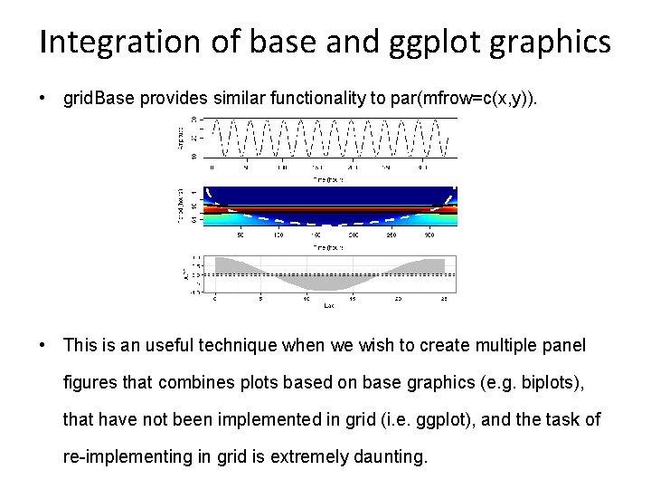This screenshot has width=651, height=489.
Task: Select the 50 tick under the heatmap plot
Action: pyautogui.click(x=240, y=235)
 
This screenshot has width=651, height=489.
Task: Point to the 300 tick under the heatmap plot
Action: pyautogui.click(x=427, y=235)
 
